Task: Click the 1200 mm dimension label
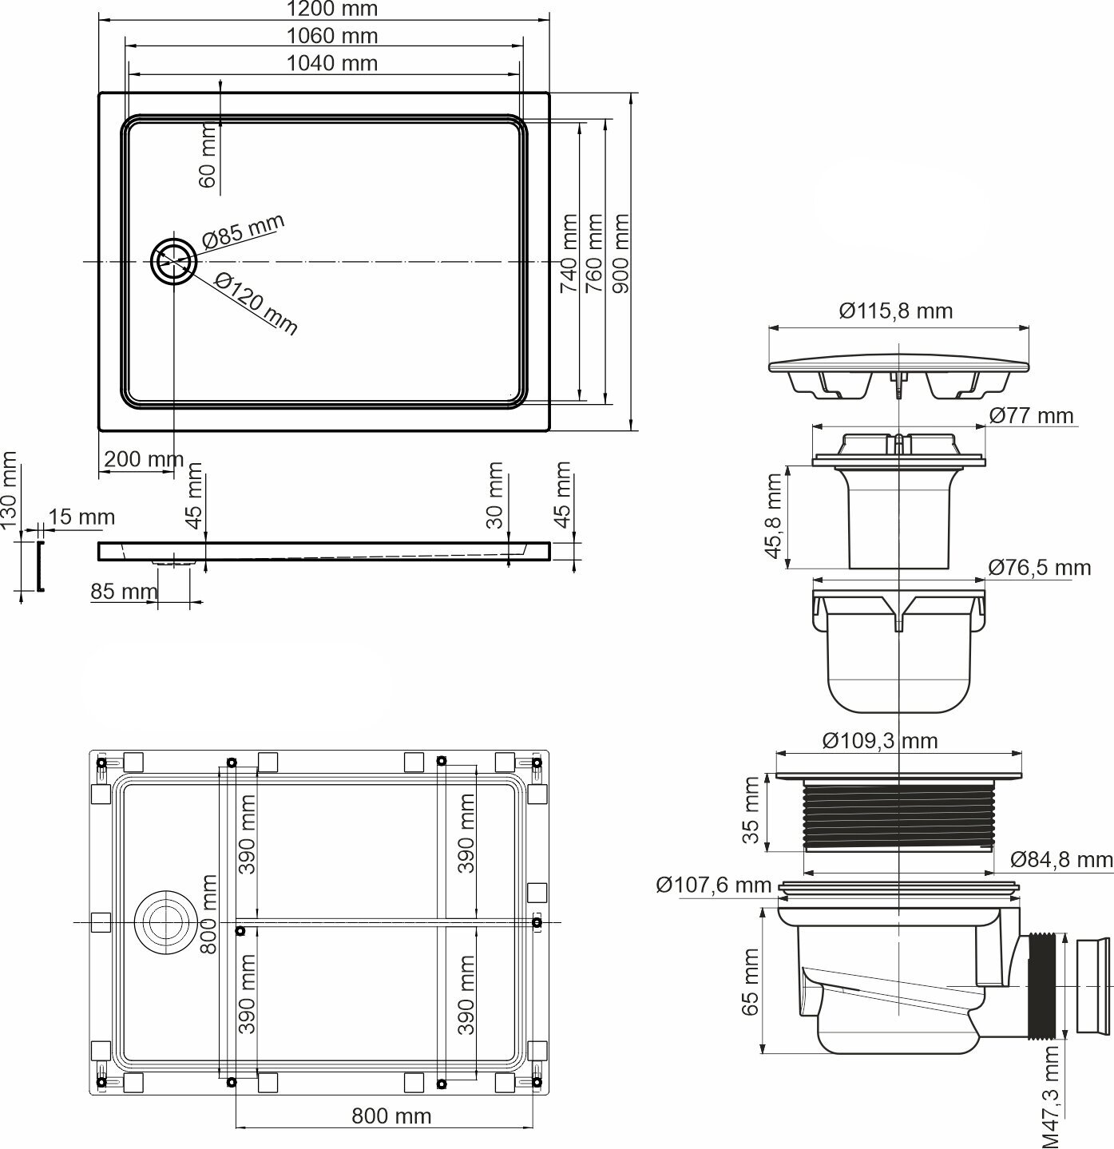pos(332,9)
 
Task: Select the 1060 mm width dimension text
pos(332,36)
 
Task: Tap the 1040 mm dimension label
pos(332,63)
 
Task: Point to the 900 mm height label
pos(620,253)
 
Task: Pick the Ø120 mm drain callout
pos(256,303)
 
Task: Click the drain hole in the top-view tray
pos(173,261)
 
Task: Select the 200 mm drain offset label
pos(144,459)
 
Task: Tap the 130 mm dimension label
pos(9,489)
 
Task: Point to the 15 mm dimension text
pos(81,517)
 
